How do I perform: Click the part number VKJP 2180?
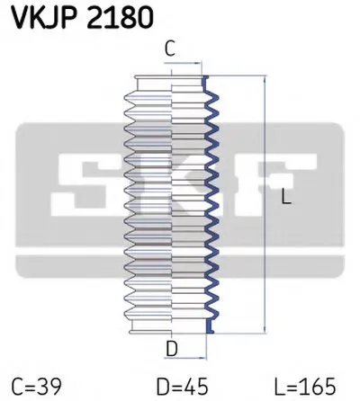[83, 17]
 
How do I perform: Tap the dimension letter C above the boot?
[170, 49]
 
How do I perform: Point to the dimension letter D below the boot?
[172, 349]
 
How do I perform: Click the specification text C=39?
[36, 387]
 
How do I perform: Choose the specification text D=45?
[183, 387]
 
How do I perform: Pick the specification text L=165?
[305, 387]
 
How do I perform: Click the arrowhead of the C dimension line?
[198, 63]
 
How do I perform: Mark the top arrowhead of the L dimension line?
[265, 79]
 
